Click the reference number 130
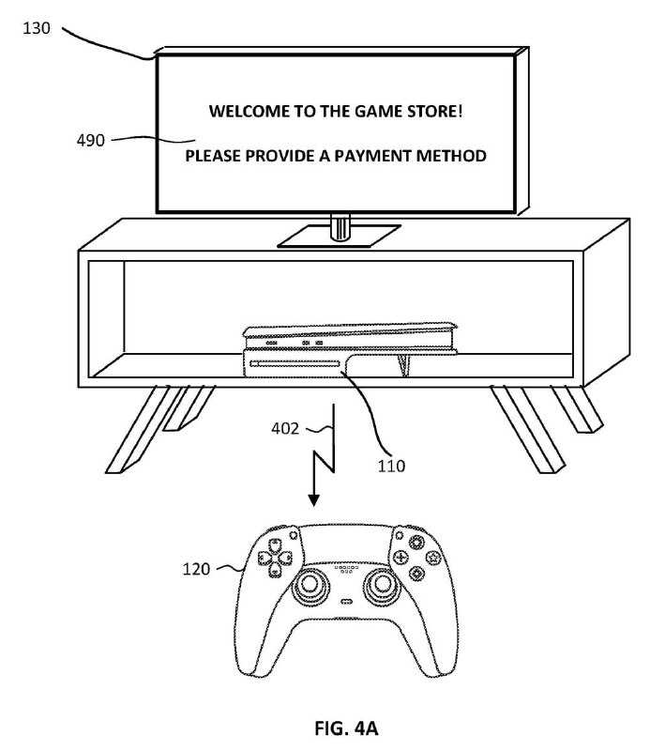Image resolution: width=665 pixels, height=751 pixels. [37, 28]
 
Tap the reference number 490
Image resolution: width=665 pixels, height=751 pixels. [90, 140]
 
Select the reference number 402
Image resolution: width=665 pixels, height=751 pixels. [284, 428]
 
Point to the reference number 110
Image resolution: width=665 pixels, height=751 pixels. [391, 466]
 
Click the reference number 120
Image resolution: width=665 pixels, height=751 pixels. [196, 569]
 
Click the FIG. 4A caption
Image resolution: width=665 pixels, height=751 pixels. [346, 728]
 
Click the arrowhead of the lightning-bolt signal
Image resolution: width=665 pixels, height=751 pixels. [314, 500]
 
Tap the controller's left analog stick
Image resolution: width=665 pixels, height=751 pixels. [310, 584]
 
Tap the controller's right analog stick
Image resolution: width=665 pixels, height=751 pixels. [382, 584]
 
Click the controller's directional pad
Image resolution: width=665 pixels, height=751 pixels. [275, 558]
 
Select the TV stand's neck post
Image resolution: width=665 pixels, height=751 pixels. [340, 227]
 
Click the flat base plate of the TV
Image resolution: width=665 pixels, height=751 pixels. [339, 237]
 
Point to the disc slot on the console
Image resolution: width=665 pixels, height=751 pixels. [295, 364]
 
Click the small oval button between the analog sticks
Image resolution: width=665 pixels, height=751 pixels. [346, 602]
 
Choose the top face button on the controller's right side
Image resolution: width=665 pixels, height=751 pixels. [417, 543]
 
